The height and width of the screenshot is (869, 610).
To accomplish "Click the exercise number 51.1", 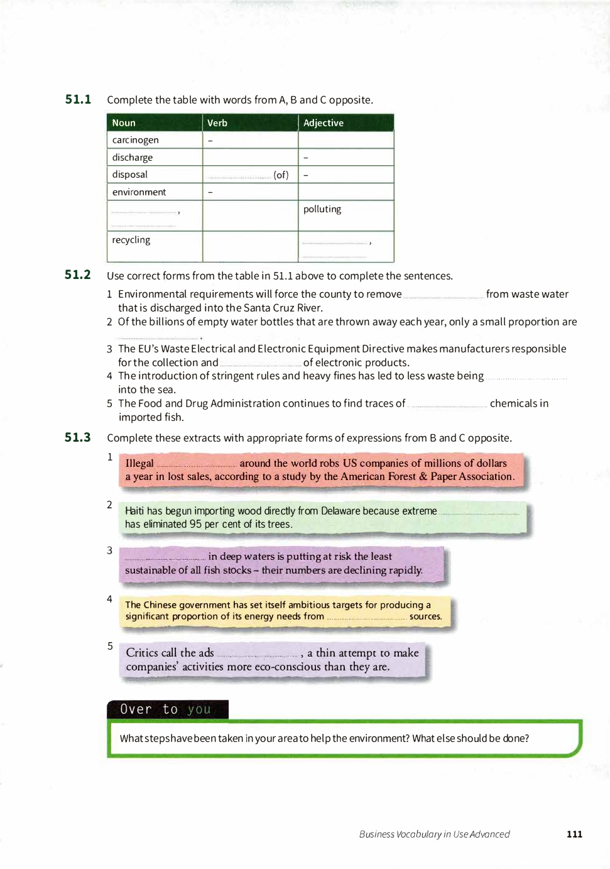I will click(78, 99).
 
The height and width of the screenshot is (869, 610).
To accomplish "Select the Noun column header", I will click(124, 123).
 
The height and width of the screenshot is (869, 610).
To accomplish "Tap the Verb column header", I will click(217, 123).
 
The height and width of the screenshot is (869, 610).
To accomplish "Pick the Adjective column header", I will click(323, 123).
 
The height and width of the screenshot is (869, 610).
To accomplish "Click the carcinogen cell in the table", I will click(135, 140).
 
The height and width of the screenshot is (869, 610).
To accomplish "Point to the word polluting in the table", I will click(322, 209).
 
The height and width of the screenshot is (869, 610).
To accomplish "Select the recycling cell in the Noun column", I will click(131, 240).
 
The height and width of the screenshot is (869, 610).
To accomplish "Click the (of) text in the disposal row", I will click(281, 175).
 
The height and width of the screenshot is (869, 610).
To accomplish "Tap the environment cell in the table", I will click(139, 192).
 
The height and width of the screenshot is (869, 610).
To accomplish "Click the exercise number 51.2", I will click(78, 275).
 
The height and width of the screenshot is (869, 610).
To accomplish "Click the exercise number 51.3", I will click(78, 437).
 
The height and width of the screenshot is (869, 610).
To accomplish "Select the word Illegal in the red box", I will click(139, 464).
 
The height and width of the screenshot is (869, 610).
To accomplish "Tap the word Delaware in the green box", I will click(340, 511).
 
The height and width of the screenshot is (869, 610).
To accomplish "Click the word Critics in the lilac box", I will click(142, 653).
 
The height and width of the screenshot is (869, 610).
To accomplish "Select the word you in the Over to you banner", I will click(199, 709).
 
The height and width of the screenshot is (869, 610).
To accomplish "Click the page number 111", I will click(574, 834).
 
